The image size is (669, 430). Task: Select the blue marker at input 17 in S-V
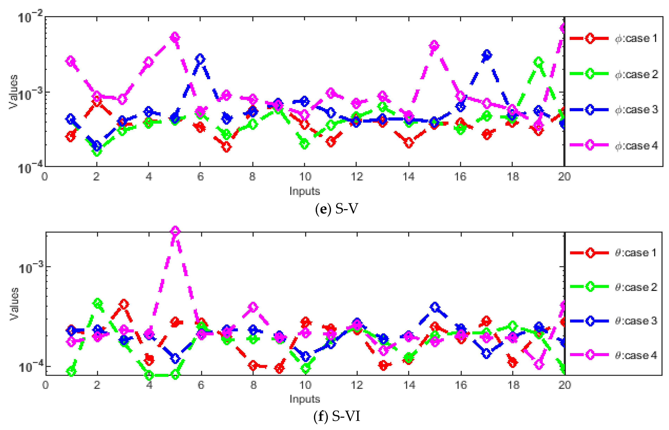pyautogui.click(x=487, y=55)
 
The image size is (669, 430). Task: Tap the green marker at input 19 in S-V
pyautogui.click(x=539, y=62)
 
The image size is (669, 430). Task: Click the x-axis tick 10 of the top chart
pyautogui.click(x=305, y=176)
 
